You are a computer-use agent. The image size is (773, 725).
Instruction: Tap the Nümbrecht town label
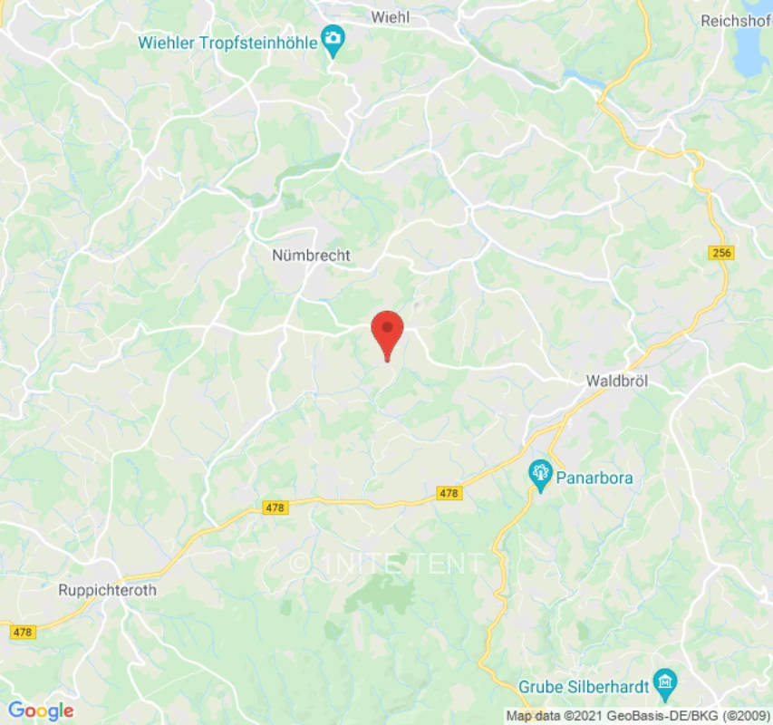pos(311,256)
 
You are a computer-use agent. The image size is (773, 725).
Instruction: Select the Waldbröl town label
pos(618,382)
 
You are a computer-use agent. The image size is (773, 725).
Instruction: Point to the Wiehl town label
pos(391,16)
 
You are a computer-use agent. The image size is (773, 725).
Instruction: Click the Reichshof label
pos(736,20)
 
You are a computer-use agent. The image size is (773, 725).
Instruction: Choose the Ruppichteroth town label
pos(107,590)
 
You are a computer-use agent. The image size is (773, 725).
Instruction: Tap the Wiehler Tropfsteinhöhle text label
pos(227,42)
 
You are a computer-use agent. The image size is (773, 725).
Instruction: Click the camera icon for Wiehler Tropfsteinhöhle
pos(333,40)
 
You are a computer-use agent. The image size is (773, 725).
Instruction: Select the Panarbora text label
pos(594,478)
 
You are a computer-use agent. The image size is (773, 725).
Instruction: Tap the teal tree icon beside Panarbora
pos(541,472)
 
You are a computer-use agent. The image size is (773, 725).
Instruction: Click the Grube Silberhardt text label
pos(584,686)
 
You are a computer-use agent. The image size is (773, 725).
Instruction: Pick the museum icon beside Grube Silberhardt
pos(666,681)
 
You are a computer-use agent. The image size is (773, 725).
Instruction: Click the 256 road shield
pos(721,253)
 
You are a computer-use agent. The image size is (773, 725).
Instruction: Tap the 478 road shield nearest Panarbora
pos(449,493)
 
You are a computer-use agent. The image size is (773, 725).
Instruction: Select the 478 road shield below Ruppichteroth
pos(23,632)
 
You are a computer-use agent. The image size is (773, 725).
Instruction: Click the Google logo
pos(40,711)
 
